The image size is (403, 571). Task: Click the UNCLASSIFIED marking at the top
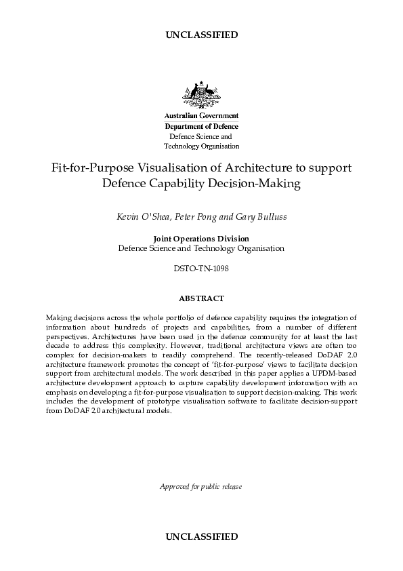201,35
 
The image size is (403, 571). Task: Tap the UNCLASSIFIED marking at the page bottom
201,536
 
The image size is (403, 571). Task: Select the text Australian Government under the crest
201,117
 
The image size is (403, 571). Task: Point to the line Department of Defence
201,126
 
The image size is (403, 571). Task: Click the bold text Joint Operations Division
201,239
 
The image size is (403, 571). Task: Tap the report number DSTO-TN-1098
201,269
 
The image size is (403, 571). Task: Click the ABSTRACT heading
201,298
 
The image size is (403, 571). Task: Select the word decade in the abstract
58,344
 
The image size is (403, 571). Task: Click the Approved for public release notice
201,486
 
